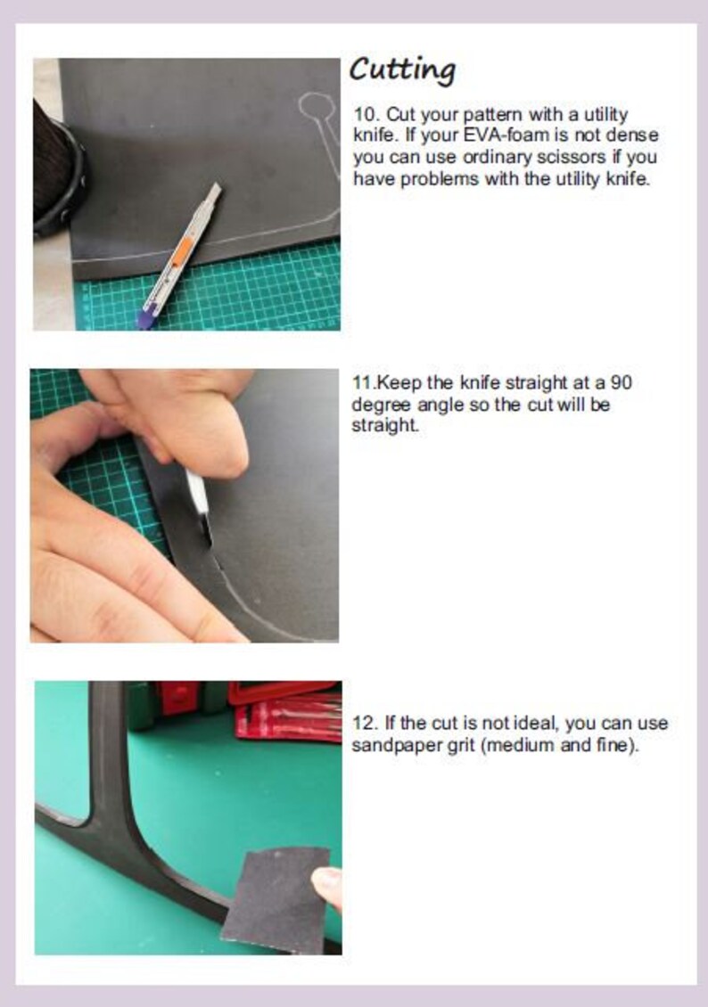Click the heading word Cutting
click(x=403, y=70)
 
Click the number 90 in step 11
click(x=621, y=383)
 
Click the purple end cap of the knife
click(x=146, y=317)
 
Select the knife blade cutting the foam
click(x=200, y=507)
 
